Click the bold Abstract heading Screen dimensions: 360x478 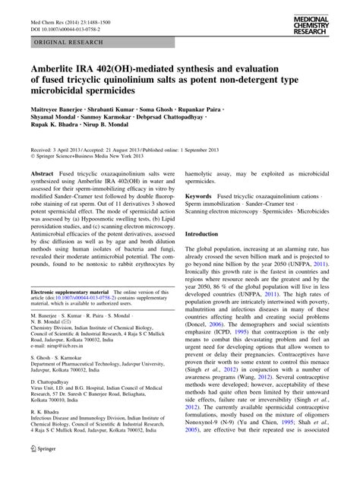pyautogui.click(x=42, y=173)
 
